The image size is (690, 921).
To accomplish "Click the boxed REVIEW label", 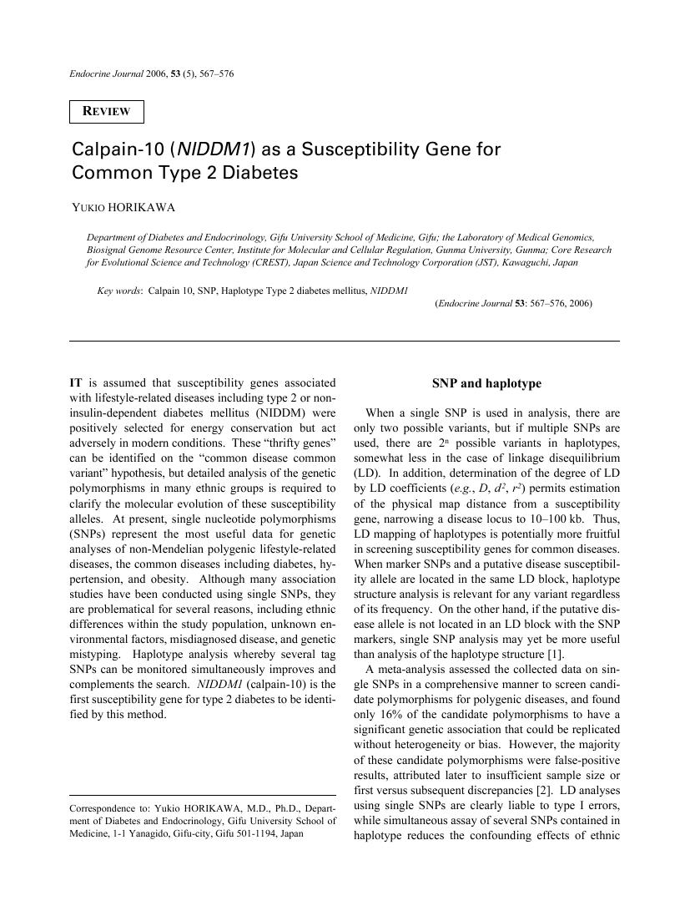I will pyautogui.click(x=107, y=112).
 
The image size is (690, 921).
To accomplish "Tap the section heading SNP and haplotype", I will pyautogui.click(x=486, y=383).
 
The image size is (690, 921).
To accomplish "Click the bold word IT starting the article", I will pyautogui.click(x=77, y=382).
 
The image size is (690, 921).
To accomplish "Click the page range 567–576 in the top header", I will pyautogui.click(x=215, y=73).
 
